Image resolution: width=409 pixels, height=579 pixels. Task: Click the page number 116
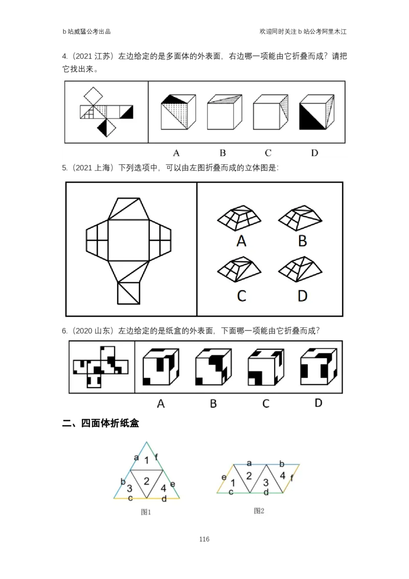coord(204,539)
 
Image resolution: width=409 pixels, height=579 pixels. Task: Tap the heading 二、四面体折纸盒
coord(100,423)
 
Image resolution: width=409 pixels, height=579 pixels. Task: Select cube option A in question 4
coord(178,112)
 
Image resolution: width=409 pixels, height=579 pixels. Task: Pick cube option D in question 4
coord(316,112)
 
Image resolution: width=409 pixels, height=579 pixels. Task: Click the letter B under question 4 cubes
coord(222,153)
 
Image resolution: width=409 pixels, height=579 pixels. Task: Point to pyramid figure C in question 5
coord(239,269)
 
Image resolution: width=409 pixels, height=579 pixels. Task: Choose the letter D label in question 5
coord(302,296)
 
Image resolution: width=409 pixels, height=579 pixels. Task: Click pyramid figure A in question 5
coord(239,218)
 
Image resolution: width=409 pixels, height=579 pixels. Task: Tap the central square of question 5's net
coord(128,240)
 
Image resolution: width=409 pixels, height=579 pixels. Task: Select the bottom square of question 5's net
coord(129,293)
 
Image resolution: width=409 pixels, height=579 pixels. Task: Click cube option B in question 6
coord(213,367)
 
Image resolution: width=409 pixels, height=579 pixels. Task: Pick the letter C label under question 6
coord(266,404)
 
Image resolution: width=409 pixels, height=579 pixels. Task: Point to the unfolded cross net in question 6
coord(101,367)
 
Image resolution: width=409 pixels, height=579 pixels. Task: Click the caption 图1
coord(146,512)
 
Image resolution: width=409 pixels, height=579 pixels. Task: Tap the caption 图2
coord(259,510)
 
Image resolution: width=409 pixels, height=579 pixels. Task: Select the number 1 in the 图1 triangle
coord(147,460)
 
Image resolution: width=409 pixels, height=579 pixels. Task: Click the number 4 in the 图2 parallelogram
coord(282,476)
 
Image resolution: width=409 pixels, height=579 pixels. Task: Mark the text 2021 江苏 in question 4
coord(93,56)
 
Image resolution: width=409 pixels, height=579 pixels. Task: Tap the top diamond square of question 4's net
coord(94,96)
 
